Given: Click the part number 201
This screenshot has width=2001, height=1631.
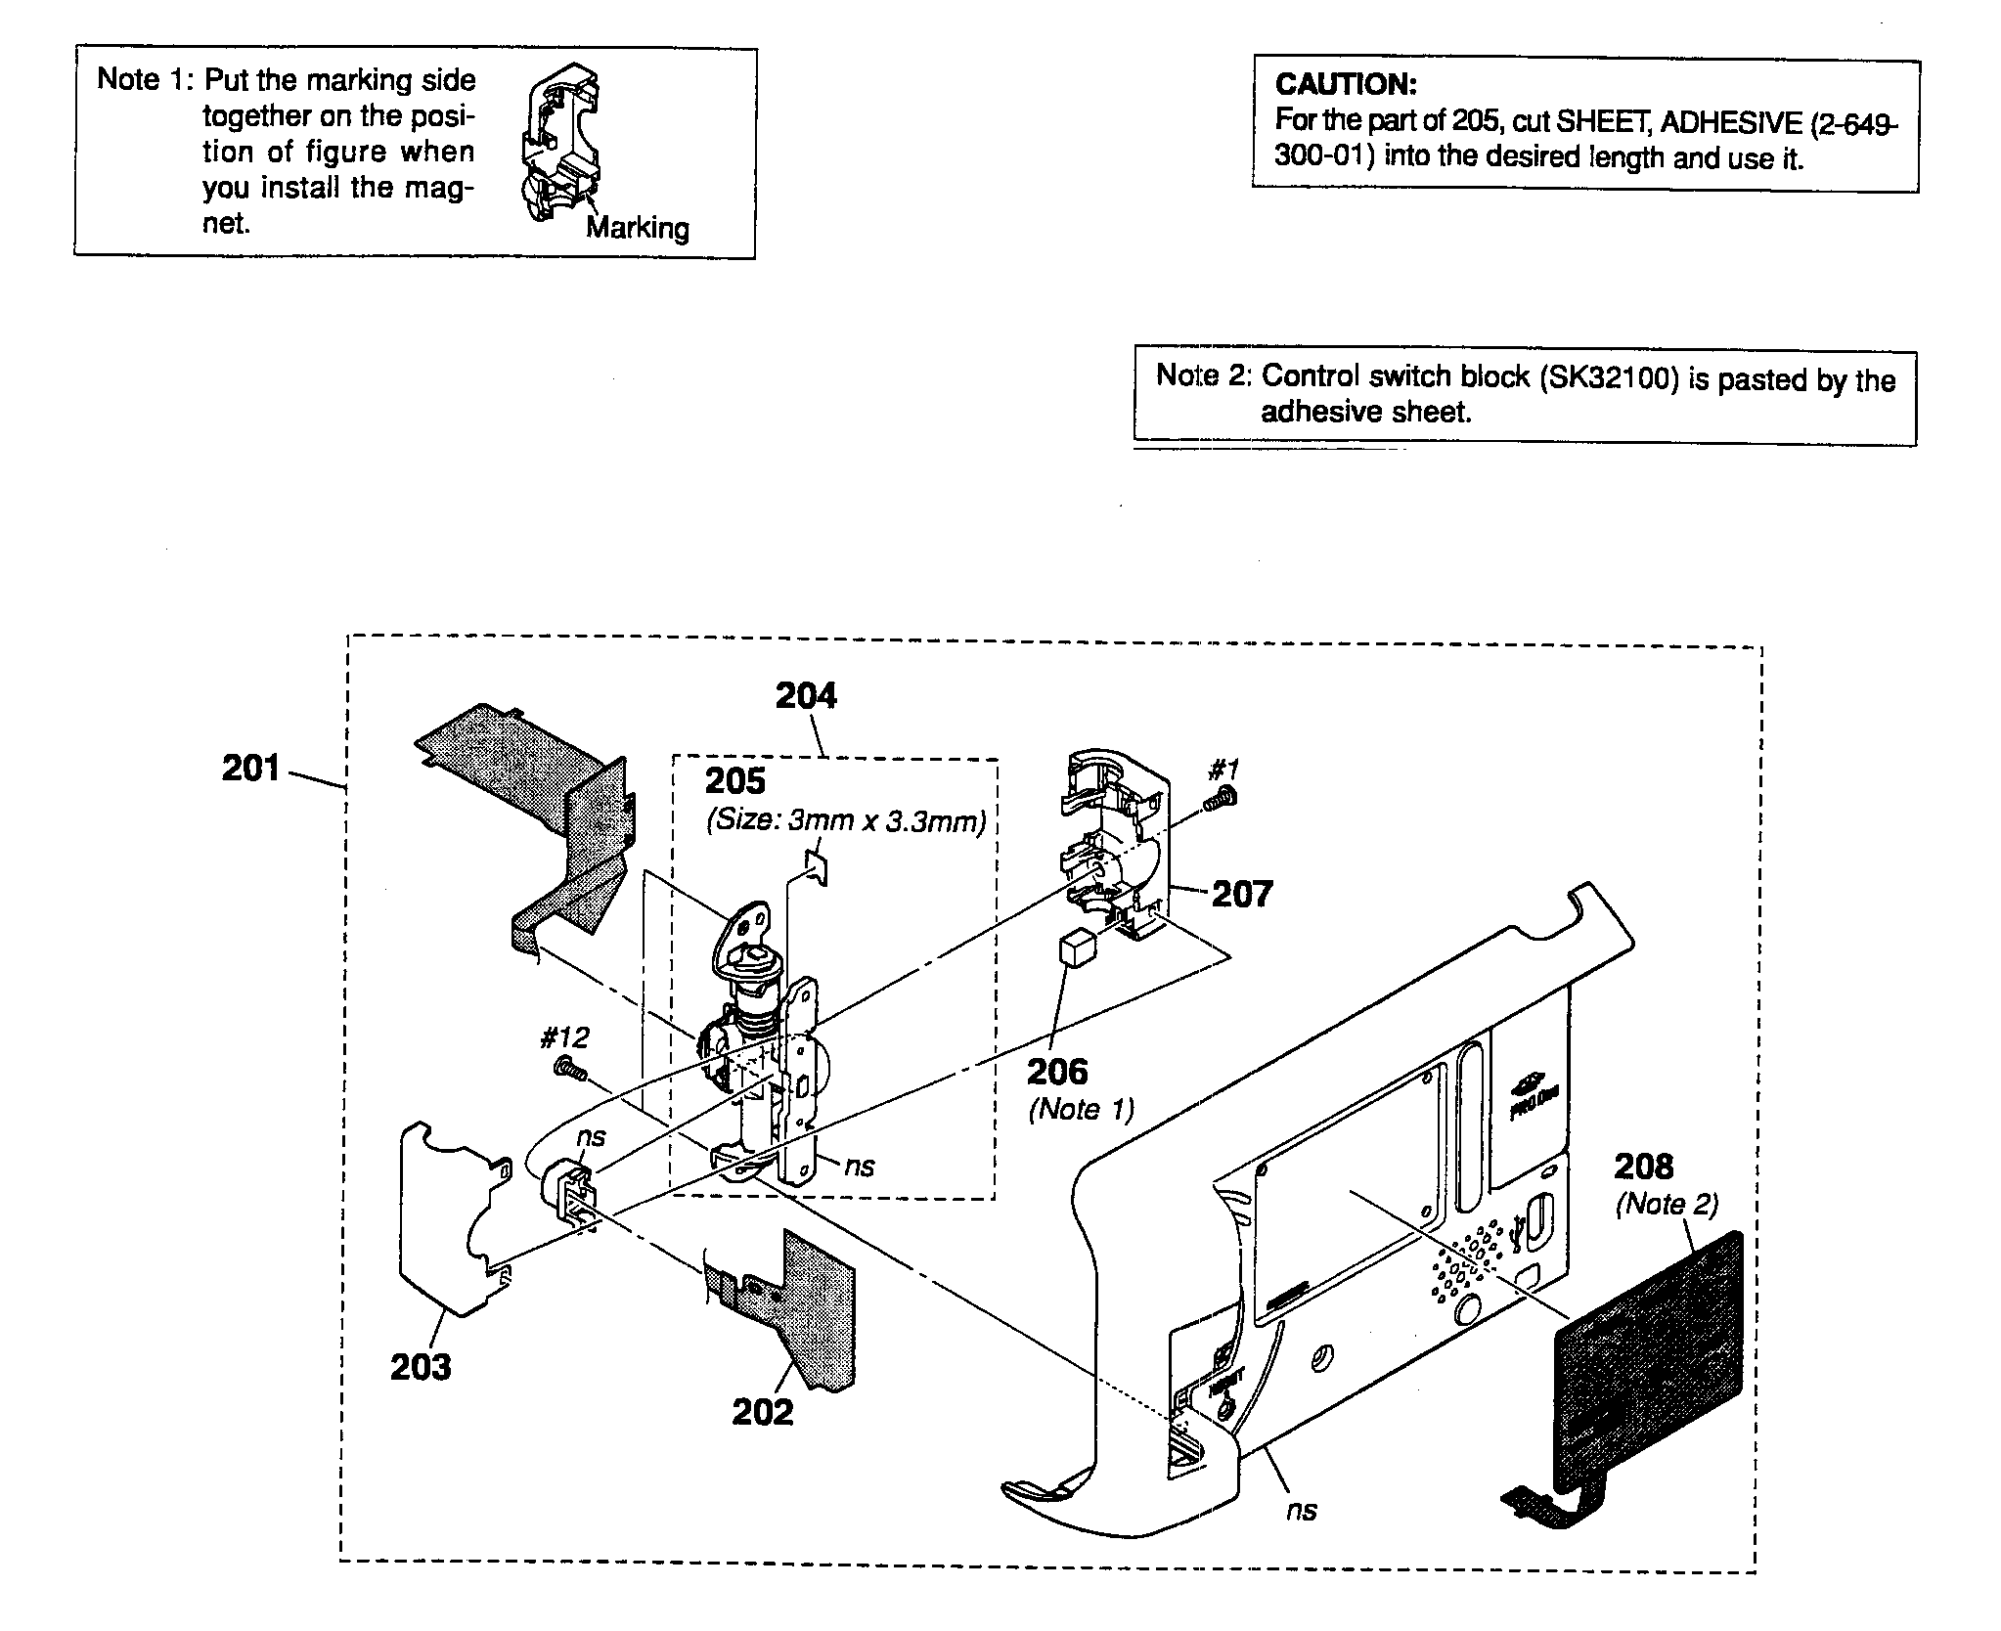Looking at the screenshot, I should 251,769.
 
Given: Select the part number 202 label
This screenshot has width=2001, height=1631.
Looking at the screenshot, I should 763,1411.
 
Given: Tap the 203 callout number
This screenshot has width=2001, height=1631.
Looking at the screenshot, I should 421,1366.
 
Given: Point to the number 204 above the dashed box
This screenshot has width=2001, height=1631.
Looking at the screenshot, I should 806,695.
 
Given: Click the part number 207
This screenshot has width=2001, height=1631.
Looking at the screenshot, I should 1242,893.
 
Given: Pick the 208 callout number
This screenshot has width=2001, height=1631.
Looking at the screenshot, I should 1644,1166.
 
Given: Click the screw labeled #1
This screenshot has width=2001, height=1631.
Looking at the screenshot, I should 1222,799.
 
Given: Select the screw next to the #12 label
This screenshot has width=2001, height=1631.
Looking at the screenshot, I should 569,1071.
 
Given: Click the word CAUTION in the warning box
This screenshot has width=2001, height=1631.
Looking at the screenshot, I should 1345,85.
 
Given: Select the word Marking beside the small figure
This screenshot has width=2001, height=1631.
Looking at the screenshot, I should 637,228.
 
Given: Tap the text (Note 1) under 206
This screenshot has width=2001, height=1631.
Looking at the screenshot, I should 1080,1110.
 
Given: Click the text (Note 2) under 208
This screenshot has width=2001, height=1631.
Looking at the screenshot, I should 1666,1204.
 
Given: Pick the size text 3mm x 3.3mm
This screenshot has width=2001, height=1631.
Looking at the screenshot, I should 886,821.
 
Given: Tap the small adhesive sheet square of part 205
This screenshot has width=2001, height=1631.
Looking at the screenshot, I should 815,864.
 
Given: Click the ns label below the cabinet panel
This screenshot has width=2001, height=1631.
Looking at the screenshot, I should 1301,1510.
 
